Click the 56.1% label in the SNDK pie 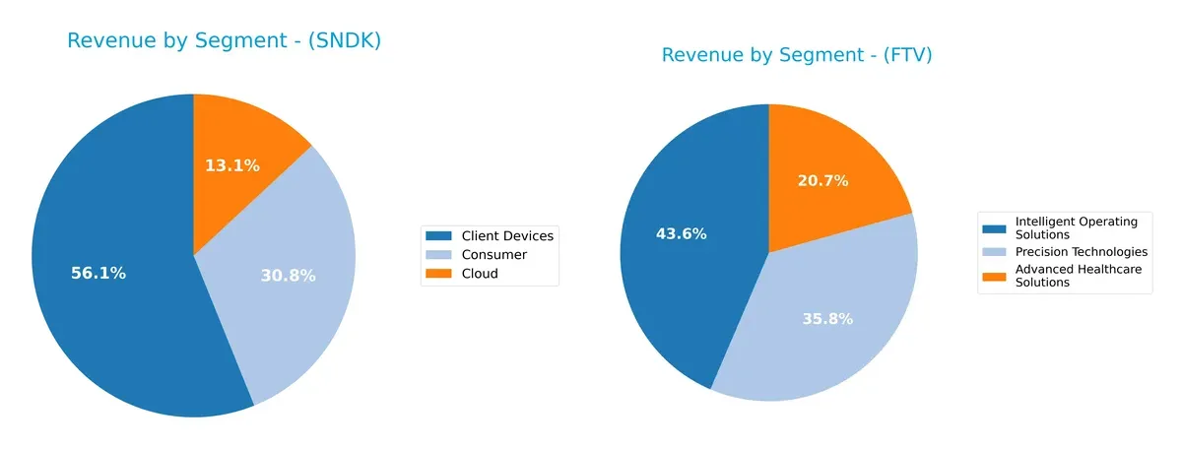tap(98, 274)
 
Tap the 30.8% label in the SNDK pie tap(288, 276)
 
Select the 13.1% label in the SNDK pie tap(232, 165)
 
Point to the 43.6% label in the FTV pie tap(682, 234)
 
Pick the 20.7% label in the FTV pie tap(822, 181)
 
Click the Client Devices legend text tap(507, 235)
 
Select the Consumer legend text tap(493, 255)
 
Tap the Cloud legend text tap(480, 274)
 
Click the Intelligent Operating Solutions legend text tap(1076, 227)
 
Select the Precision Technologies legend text tap(1081, 252)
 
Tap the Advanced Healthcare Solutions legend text tap(1079, 276)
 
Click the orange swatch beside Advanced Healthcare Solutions tap(995, 271)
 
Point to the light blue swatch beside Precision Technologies tap(995, 252)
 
